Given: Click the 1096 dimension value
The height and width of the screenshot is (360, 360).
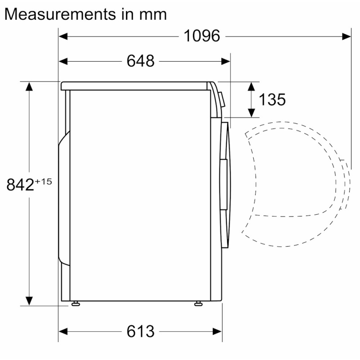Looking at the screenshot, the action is pos(202,36).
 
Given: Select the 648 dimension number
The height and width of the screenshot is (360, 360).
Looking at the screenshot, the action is pos(140,61).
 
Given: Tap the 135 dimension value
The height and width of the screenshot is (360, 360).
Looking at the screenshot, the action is pos(272,99).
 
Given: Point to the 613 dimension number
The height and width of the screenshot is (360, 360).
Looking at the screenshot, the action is pos(140,331).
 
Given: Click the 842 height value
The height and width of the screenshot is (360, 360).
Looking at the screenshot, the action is pos(20,185).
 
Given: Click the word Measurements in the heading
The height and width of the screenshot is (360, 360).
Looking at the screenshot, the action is pos(60,14).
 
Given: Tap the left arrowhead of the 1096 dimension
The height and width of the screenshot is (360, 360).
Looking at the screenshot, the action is pos(63,36).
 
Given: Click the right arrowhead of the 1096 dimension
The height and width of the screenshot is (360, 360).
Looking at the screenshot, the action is pos(346,36).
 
